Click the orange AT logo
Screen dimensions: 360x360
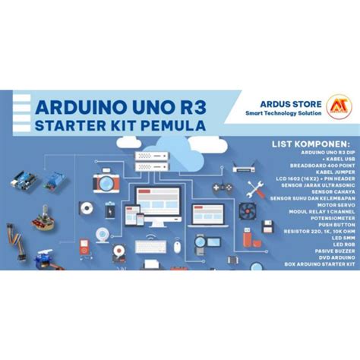pyautogui.click(x=335, y=105)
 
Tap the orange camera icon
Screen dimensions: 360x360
pyautogui.click(x=103, y=182)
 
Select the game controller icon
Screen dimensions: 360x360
pyautogui.click(x=221, y=187)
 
